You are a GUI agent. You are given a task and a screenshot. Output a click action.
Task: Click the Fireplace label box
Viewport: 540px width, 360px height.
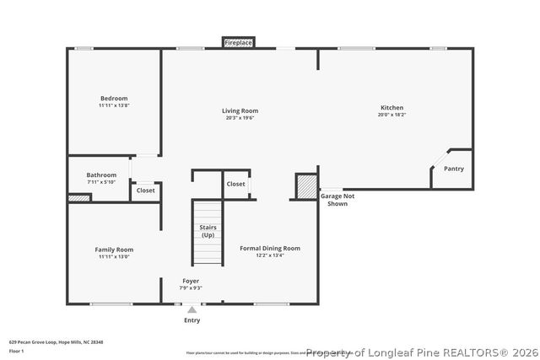coord(239,42)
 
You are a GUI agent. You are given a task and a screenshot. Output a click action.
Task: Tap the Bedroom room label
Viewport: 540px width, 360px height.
coord(113,98)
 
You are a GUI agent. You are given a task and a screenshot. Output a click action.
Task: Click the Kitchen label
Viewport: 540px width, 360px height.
coord(391,107)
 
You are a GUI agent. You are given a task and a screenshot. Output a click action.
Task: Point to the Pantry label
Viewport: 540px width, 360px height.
coord(454,169)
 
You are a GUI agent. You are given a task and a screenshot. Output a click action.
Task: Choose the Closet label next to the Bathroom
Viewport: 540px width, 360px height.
coord(145,191)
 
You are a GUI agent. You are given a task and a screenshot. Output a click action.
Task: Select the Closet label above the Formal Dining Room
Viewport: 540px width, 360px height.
coord(235,184)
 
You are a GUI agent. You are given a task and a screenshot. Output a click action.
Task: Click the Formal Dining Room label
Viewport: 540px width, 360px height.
coord(269,248)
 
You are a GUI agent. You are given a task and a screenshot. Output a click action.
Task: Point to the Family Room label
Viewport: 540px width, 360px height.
coord(113,250)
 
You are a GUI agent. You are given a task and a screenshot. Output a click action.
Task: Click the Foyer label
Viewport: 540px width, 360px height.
coord(192,281)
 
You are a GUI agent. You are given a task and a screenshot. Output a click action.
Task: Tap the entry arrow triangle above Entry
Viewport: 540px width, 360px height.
coord(192,310)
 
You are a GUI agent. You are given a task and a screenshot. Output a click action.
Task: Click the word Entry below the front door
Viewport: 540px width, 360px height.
coord(192,320)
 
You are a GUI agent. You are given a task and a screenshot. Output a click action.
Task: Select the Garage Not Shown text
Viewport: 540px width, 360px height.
coord(337,200)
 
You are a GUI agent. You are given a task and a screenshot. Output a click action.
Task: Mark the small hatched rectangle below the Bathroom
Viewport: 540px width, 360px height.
coord(78,198)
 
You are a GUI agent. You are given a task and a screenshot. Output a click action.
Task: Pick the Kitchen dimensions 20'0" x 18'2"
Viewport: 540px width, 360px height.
coord(391,115)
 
